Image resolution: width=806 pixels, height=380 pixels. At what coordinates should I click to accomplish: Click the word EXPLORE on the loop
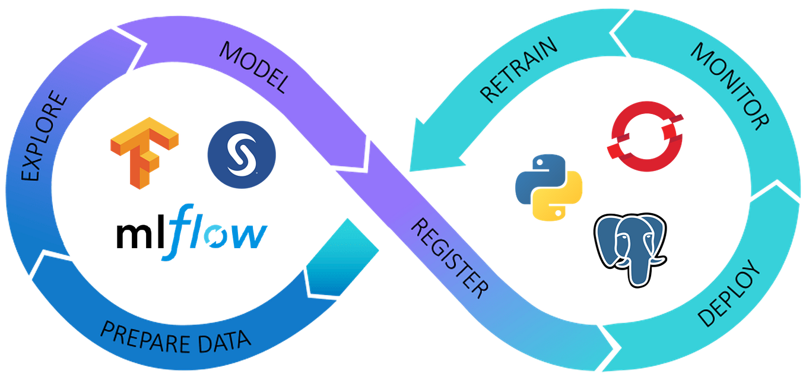coord(44,136)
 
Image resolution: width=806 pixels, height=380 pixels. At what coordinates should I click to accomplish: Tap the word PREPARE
coord(146,332)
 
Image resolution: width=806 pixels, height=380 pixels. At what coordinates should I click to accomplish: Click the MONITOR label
coord(729,86)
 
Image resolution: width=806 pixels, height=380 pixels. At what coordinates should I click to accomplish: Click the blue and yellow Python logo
coord(548,186)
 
